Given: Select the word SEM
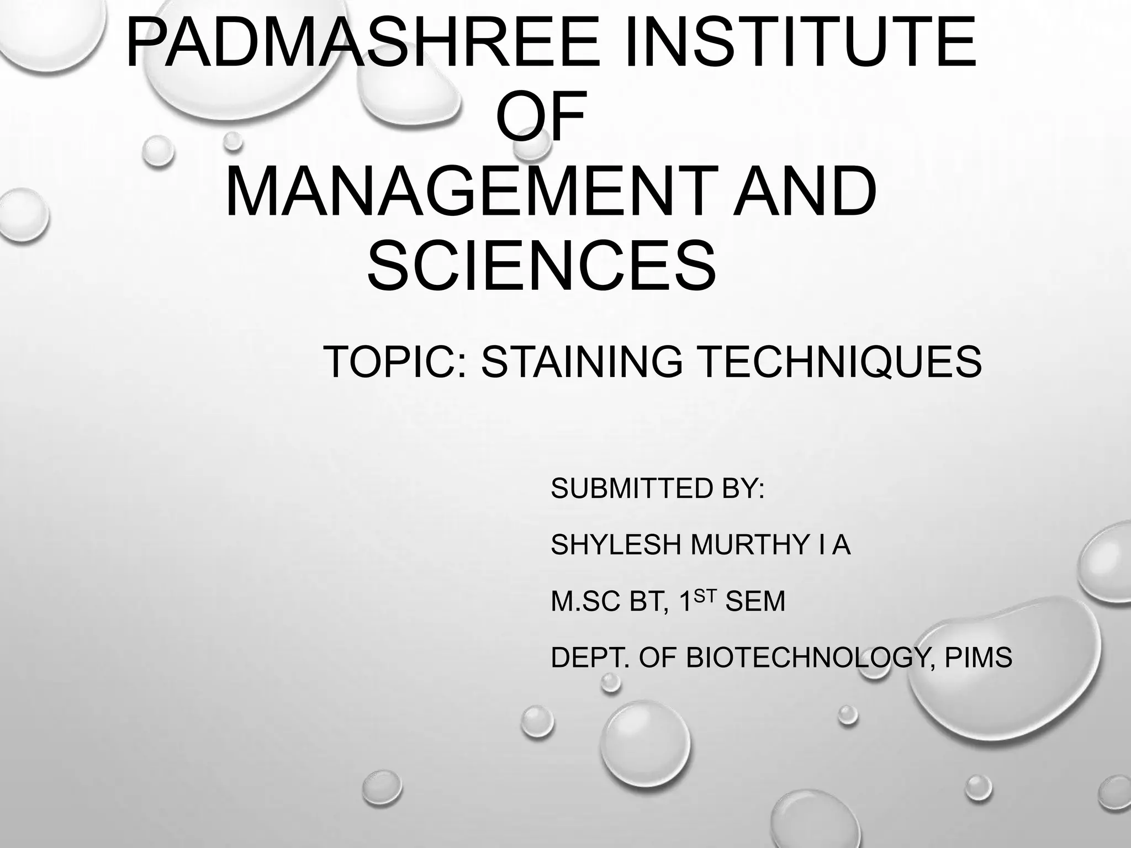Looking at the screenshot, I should click(755, 601).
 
